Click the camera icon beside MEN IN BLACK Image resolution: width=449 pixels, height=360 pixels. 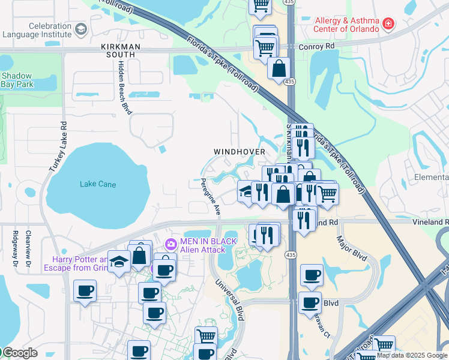pyautogui.click(x=170, y=244)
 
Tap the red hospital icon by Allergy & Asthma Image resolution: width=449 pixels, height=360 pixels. pyautogui.click(x=389, y=23)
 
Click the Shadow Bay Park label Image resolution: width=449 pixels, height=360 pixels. pyautogui.click(x=17, y=80)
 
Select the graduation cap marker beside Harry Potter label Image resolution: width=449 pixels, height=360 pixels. pyautogui.click(x=119, y=262)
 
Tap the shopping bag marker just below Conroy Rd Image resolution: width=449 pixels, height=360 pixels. pyautogui.click(x=279, y=68)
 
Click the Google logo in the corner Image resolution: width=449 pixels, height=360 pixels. pyautogui.click(x=20, y=353)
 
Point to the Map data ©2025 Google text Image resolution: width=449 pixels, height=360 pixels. pyautogui.click(x=412, y=355)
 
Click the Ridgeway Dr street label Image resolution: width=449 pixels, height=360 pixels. pyautogui.click(x=14, y=248)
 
